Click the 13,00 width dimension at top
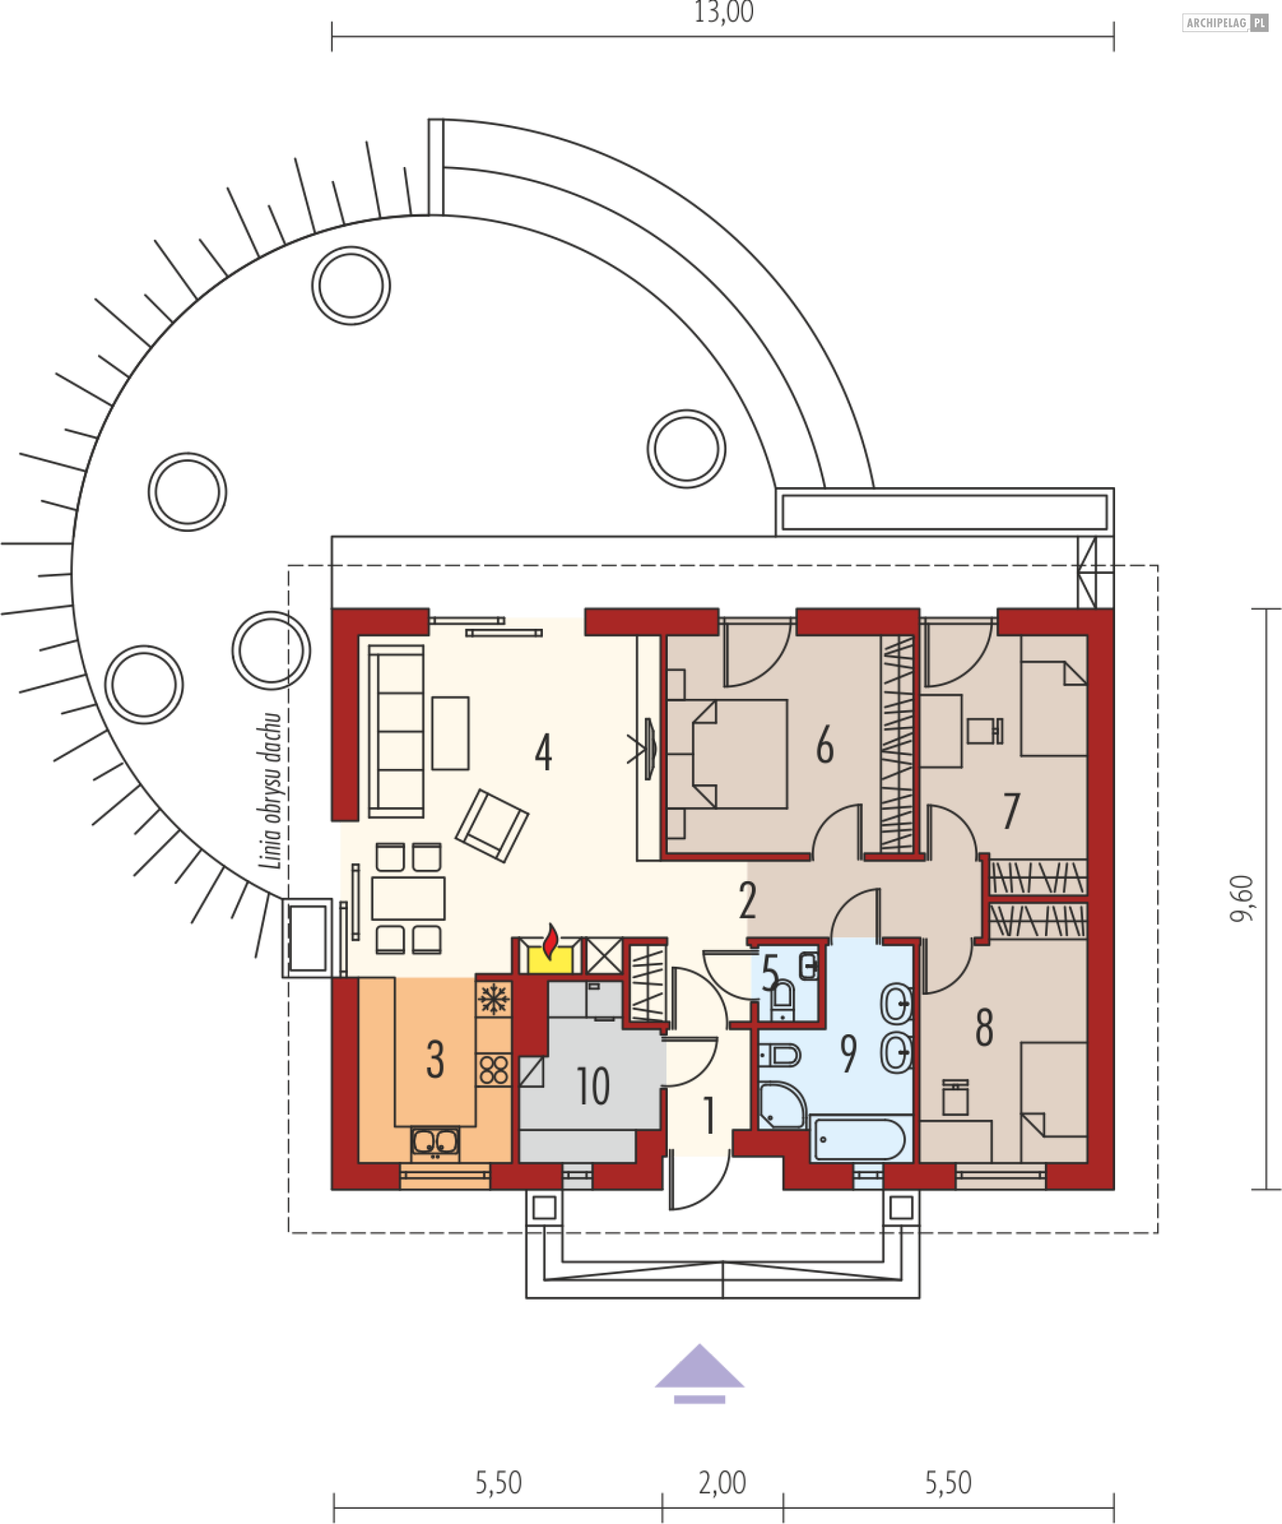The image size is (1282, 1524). coord(723,13)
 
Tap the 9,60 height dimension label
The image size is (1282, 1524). coord(1242,899)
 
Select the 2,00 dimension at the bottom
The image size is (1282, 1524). coord(722,1483)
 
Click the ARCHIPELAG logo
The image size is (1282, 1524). coord(1225,23)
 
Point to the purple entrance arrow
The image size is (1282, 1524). coord(699,1374)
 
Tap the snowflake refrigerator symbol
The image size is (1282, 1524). coord(493,999)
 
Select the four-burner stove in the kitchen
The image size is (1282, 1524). coord(493,1070)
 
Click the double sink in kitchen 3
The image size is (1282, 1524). coord(435,1142)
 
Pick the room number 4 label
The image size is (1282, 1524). coord(543,752)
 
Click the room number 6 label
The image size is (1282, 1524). coord(824,745)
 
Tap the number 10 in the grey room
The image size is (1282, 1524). coord(592,1086)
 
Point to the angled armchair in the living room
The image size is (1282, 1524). coord(492,826)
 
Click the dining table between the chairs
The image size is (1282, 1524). coord(408,899)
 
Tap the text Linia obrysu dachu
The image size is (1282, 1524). coord(270,790)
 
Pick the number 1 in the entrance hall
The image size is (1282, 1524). coord(708,1115)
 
